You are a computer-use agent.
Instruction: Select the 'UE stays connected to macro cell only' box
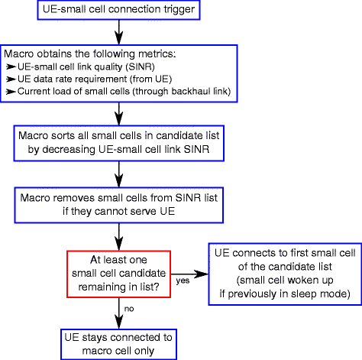pyautogui.click(x=119, y=343)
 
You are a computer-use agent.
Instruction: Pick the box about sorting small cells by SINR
pyautogui.click(x=118, y=145)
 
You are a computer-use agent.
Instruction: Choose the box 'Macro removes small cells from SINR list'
pyautogui.click(x=119, y=203)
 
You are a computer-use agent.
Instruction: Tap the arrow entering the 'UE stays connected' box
pyautogui.click(x=118, y=317)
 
